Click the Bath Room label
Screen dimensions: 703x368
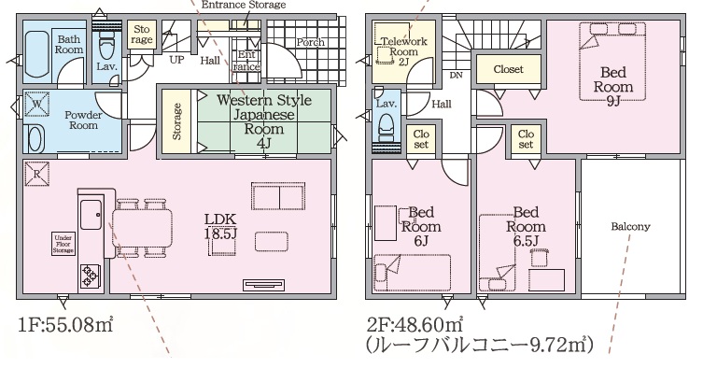point(68,45)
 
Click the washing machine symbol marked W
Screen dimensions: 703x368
point(36,104)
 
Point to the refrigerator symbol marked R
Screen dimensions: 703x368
point(36,173)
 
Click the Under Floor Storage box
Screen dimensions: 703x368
point(63,244)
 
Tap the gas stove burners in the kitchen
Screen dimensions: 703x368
point(91,276)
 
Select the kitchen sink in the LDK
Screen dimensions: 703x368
point(91,215)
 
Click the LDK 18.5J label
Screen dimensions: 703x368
point(220,227)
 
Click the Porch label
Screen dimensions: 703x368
point(310,42)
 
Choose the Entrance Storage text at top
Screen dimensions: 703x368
point(244,5)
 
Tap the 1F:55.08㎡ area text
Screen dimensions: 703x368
point(66,324)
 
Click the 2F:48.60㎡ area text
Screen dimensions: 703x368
point(415,323)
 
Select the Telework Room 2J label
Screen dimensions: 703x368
point(404,51)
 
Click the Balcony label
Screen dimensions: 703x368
point(630,227)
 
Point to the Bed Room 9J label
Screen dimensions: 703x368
point(612,86)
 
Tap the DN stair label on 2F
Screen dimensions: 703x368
point(456,76)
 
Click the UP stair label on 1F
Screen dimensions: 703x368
point(176,59)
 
